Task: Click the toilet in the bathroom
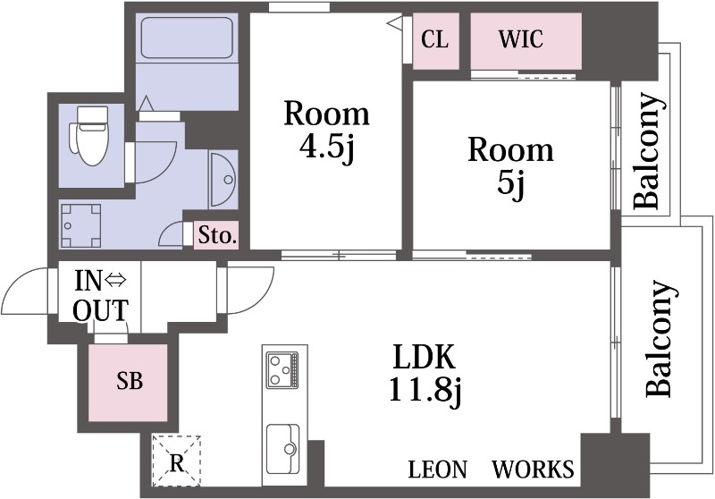pyautogui.click(x=88, y=135)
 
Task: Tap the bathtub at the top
pyautogui.click(x=187, y=38)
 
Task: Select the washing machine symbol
pyautogui.click(x=80, y=225)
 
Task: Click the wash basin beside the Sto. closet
pyautogui.click(x=223, y=180)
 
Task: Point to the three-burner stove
pyautogui.click(x=282, y=370)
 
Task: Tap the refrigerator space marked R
pyautogui.click(x=176, y=461)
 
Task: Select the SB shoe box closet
pyautogui.click(x=128, y=382)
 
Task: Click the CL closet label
pyautogui.click(x=434, y=39)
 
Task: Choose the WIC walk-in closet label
pyautogui.click(x=521, y=39)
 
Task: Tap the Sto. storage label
pyautogui.click(x=217, y=236)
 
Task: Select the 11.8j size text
pyautogui.click(x=425, y=392)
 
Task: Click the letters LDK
pyautogui.click(x=425, y=357)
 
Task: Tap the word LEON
pyautogui.click(x=438, y=469)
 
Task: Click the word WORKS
pyautogui.click(x=533, y=469)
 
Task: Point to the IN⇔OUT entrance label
pyautogui.click(x=101, y=296)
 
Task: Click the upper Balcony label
pyautogui.click(x=647, y=150)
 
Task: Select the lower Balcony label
pyautogui.click(x=659, y=338)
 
